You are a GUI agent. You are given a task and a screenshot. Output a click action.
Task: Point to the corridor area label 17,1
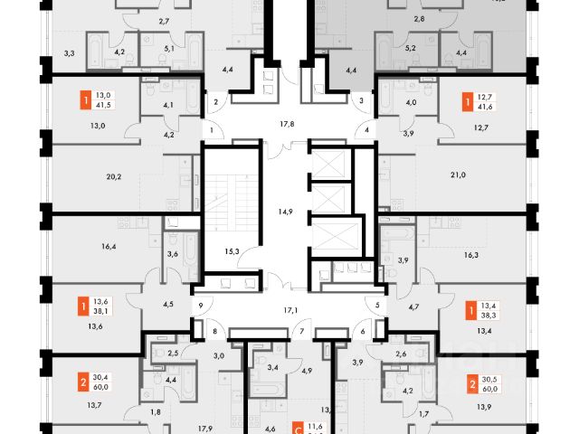(x=290, y=310)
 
